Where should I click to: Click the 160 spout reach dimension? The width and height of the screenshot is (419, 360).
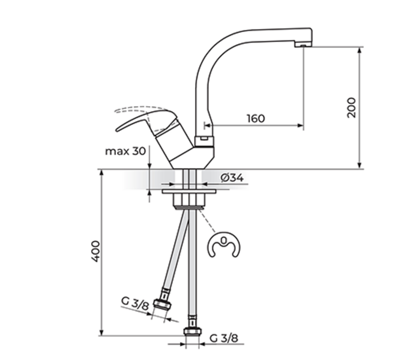255,118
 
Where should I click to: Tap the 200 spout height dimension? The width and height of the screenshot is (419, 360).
352,107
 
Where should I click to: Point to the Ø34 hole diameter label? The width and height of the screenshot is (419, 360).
232,178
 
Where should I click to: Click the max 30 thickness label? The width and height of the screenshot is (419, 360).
125,151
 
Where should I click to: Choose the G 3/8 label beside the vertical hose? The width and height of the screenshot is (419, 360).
223,338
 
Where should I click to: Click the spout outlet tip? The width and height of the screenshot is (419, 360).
304,44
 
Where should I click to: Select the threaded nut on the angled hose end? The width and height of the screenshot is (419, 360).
163,304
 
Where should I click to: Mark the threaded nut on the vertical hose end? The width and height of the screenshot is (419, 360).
192,332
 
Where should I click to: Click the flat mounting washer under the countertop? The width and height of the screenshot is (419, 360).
191,192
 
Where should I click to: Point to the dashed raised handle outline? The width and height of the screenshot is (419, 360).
135,110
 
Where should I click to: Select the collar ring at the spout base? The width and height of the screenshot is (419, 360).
203,140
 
